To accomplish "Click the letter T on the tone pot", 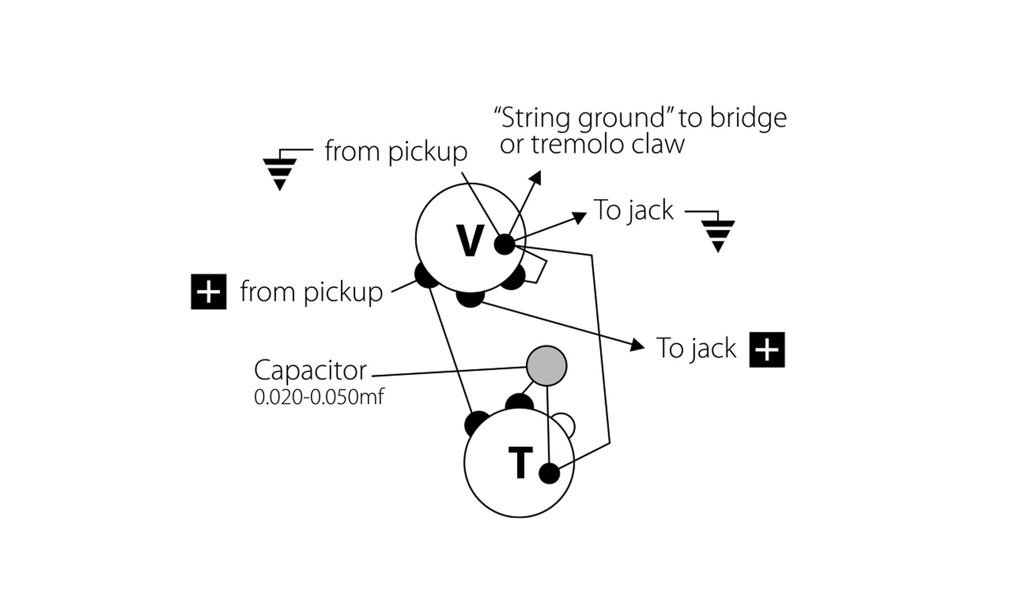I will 520,463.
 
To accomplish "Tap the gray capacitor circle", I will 546,365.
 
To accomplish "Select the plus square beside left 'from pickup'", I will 208,292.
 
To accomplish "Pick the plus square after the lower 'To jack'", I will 767,350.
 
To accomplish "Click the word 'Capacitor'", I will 310,371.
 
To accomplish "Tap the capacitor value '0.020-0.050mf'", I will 319,397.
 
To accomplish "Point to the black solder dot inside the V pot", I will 505,245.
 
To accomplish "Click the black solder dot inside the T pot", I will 549,474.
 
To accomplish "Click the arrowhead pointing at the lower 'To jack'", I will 637,346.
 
